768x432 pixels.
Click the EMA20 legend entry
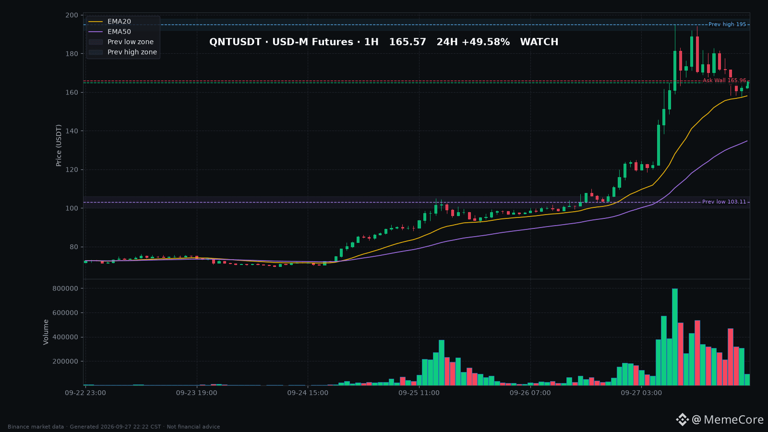coord(110,22)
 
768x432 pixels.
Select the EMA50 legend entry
coord(110,32)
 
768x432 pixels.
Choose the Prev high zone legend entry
coord(123,52)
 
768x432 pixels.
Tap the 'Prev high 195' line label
coord(727,24)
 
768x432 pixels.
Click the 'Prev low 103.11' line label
coord(724,202)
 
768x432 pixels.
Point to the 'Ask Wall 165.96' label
coord(724,81)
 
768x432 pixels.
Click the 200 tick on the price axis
coord(72,15)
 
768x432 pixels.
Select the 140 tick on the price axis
coord(72,131)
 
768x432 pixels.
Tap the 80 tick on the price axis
coord(74,247)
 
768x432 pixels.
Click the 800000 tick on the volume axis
coord(65,288)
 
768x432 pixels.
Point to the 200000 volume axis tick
coord(65,361)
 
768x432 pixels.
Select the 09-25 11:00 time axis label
coord(419,393)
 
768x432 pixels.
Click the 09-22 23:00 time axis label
coord(85,393)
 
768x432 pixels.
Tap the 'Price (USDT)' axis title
coord(59,145)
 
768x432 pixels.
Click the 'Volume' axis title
coord(46,332)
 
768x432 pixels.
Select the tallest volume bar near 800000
coord(675,337)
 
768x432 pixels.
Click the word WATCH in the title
coord(540,42)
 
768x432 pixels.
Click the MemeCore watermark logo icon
coord(682,420)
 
